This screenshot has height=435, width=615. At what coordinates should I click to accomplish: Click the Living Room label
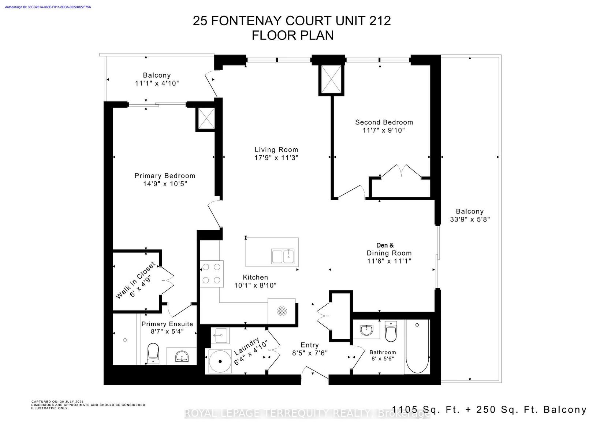276,150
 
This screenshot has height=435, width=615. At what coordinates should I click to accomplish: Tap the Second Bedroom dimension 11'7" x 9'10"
384,130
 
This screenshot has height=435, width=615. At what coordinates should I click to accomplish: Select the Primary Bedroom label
165,176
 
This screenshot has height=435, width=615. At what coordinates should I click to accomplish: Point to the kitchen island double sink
283,256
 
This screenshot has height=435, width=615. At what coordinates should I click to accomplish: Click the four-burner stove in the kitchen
212,274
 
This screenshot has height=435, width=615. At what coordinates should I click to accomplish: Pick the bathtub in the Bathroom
417,346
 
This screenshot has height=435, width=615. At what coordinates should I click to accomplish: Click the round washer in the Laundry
220,361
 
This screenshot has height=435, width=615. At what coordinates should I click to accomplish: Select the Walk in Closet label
135,280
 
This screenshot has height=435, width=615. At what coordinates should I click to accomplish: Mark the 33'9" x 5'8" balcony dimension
470,219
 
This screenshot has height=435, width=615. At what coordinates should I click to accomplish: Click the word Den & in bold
385,245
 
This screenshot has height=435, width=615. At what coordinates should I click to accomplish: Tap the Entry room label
310,345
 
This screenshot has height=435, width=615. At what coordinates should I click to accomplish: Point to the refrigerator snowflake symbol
282,311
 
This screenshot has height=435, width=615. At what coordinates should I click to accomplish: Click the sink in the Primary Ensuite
182,357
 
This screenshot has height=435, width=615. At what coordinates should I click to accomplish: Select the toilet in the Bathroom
391,331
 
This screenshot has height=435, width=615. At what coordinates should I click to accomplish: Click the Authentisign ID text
48,7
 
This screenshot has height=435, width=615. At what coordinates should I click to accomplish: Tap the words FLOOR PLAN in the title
293,36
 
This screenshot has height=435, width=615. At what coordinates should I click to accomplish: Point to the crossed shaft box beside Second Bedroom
331,80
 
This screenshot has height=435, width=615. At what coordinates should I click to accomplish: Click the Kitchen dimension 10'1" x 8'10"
256,285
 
